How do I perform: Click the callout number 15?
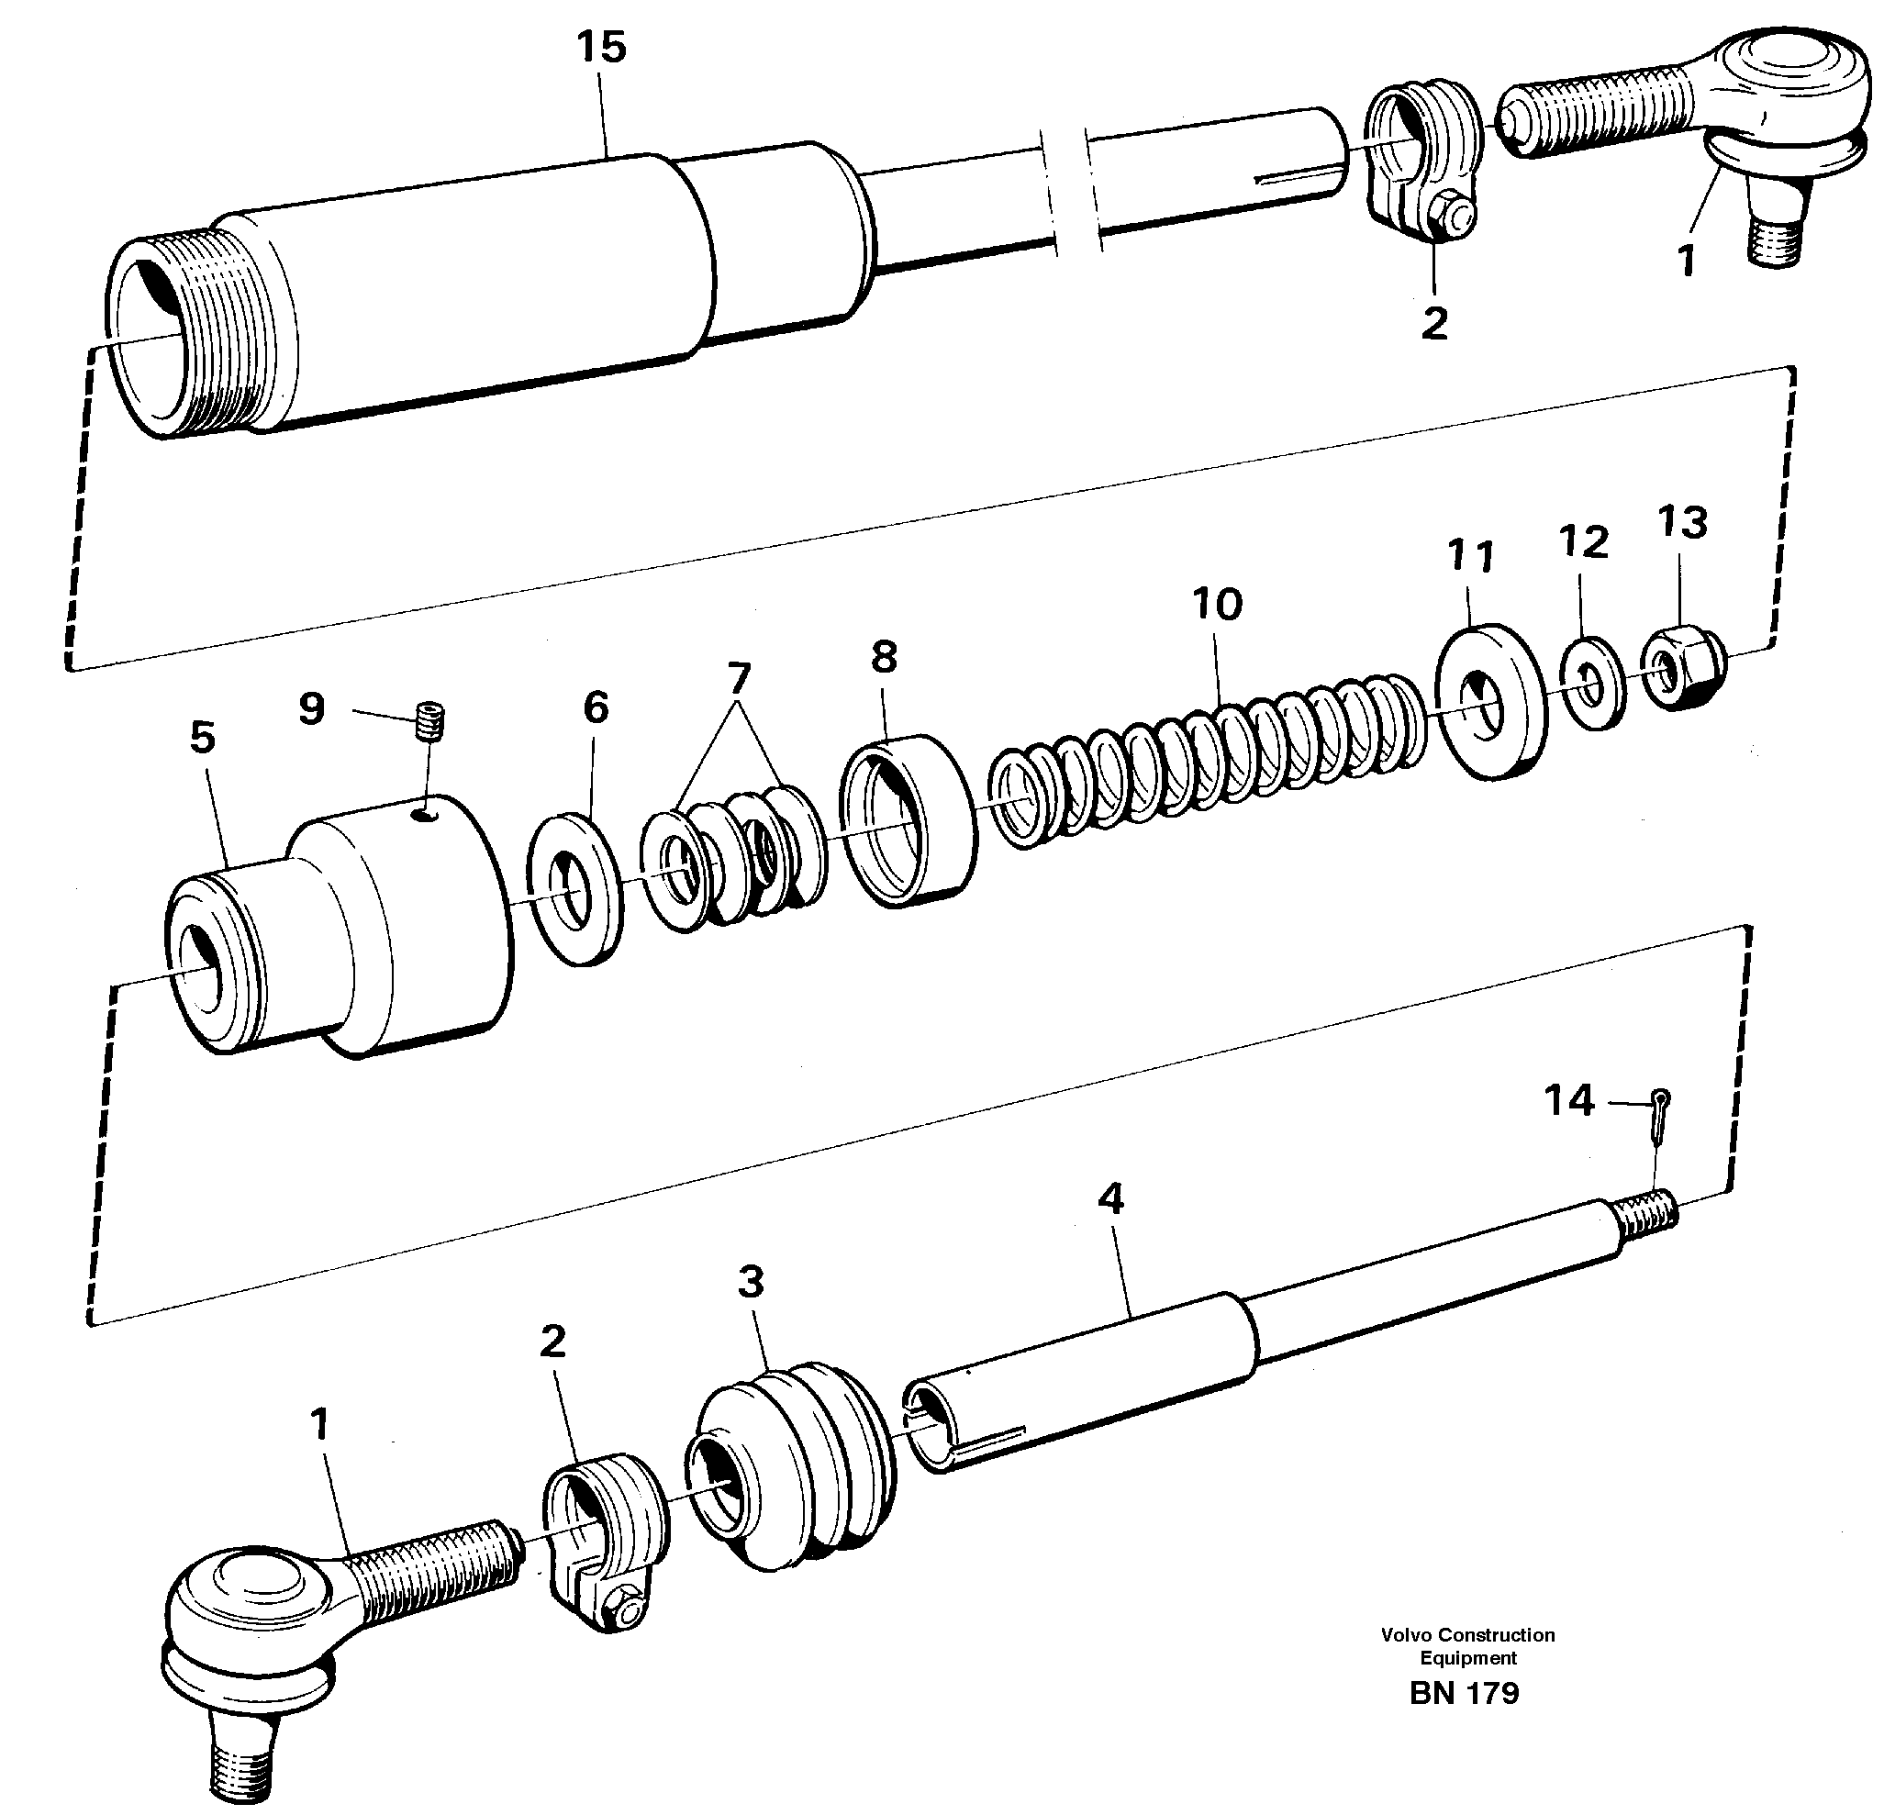(602, 47)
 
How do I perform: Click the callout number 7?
(738, 679)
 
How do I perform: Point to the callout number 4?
(1110, 1198)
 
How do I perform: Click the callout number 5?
(203, 738)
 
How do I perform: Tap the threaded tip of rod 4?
(1648, 1214)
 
